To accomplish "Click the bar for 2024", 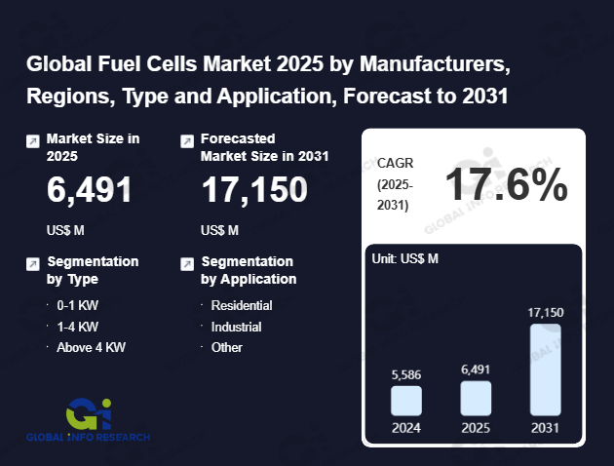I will pyautogui.click(x=406, y=401).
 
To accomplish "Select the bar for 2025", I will pyautogui.click(x=476, y=398).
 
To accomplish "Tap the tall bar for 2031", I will pyautogui.click(x=546, y=369).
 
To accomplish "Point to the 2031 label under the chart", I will pyautogui.click(x=546, y=427).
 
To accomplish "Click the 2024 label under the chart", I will pyautogui.click(x=406, y=427).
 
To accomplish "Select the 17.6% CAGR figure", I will pyautogui.click(x=507, y=184).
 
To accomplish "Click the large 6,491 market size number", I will pyautogui.click(x=90, y=191).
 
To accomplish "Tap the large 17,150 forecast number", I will pyautogui.click(x=254, y=191).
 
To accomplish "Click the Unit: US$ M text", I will pyautogui.click(x=406, y=258).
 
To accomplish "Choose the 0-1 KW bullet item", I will pyautogui.click(x=78, y=305).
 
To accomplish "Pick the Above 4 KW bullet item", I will pyautogui.click(x=92, y=346).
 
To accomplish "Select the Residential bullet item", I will pyautogui.click(x=242, y=305).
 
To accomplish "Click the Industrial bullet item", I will pyautogui.click(x=237, y=326).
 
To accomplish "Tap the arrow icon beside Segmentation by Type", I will pyautogui.click(x=33, y=263).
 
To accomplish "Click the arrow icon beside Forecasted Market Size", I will pyautogui.click(x=187, y=141).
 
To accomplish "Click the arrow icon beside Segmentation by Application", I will pyautogui.click(x=187, y=263).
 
